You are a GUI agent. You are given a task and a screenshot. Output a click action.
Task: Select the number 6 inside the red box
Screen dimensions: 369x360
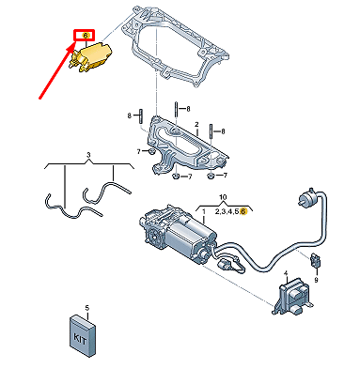pyautogui.click(x=86, y=36)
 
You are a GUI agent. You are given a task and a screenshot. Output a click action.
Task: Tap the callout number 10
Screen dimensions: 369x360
pyautogui.click(x=223, y=199)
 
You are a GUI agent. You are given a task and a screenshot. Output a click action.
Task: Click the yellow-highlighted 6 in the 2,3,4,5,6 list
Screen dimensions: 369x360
pyautogui.click(x=243, y=212)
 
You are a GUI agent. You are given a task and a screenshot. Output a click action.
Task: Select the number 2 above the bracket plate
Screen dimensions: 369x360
pyautogui.click(x=196, y=124)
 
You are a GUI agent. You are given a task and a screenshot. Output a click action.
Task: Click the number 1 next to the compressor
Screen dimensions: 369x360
pyautogui.click(x=202, y=218)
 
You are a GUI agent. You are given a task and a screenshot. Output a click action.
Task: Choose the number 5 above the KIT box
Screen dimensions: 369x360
pyautogui.click(x=86, y=307)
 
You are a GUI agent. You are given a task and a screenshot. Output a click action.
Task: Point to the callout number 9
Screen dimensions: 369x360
pyautogui.click(x=317, y=279)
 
